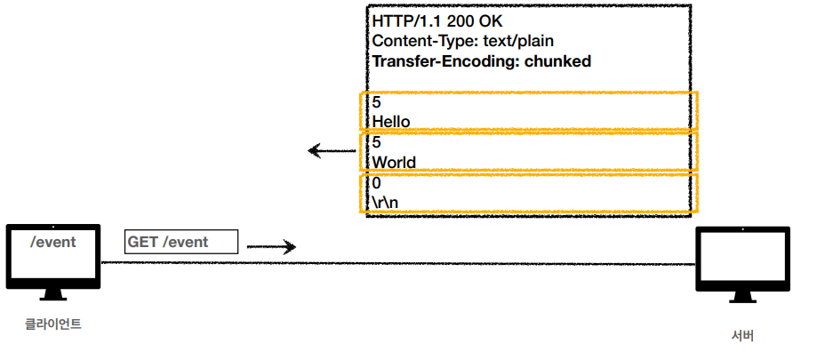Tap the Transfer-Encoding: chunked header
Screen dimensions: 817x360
[x=482, y=61]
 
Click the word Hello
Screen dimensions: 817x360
[x=391, y=121]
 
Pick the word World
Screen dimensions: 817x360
[x=394, y=162]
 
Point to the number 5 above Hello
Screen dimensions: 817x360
[x=377, y=102]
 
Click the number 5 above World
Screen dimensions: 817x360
[x=377, y=142]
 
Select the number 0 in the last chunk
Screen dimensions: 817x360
[x=377, y=182]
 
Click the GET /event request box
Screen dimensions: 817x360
[x=182, y=242]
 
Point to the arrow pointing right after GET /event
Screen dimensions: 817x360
[x=270, y=247]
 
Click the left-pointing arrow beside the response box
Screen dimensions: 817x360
[x=331, y=150]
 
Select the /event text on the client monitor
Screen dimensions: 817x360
[x=52, y=242]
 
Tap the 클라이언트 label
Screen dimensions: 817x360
[x=52, y=324]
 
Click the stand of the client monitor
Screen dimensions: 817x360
[x=52, y=295]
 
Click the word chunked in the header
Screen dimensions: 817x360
[x=557, y=61]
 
